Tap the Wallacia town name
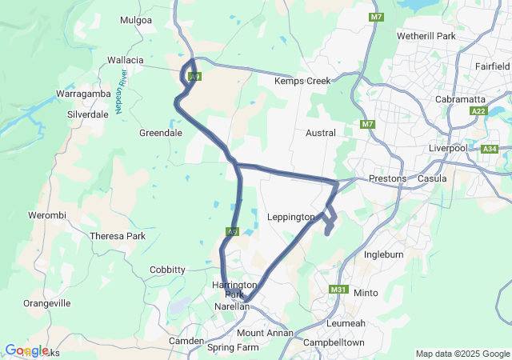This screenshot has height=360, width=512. [126, 60]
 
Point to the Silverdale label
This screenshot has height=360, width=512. [88, 114]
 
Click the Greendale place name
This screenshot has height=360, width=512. [161, 133]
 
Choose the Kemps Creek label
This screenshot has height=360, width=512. [296, 82]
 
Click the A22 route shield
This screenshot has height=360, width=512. [479, 111]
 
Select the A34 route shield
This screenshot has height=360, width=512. [490, 148]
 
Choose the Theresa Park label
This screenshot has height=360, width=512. [118, 236]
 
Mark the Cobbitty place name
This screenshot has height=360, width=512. [167, 270]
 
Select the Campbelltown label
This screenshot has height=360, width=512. [334, 342]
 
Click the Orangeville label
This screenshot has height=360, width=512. [47, 303]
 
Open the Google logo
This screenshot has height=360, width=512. [26, 350]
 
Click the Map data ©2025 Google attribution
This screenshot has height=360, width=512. [462, 354]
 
